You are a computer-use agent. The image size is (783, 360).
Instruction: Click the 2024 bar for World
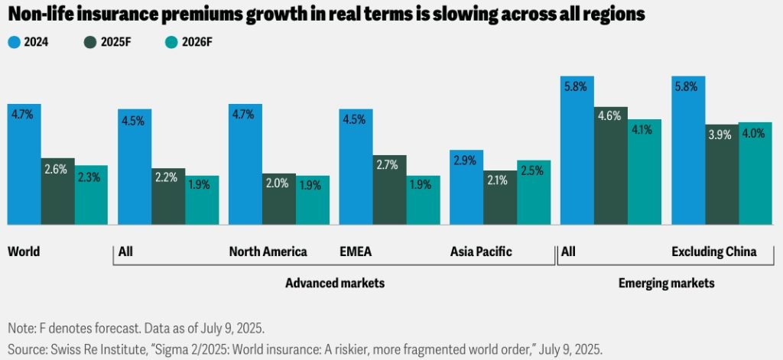[x=24, y=164]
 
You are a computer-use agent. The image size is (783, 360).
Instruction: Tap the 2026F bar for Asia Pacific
[x=534, y=192]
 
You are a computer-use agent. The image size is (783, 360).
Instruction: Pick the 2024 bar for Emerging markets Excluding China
[x=688, y=150]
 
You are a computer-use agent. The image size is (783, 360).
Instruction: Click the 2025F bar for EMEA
[x=389, y=190]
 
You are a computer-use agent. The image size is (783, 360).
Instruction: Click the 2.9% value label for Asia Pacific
[x=466, y=161]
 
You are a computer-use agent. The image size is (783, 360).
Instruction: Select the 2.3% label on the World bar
[x=91, y=177]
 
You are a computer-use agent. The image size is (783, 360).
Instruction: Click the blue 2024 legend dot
[x=14, y=43]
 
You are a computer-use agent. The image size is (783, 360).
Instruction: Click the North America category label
[x=268, y=251]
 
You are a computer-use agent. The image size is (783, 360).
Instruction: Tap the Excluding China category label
[x=713, y=251]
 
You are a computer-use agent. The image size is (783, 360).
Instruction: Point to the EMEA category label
[x=356, y=251]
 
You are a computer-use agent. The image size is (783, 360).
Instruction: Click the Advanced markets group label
[x=334, y=283]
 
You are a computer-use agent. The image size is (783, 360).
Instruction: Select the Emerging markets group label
[x=665, y=283]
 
